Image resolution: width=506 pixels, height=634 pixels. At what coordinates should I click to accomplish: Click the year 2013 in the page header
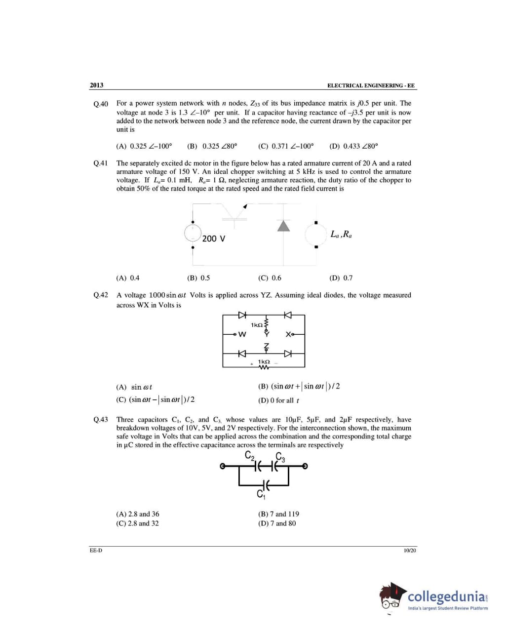[x=96, y=85]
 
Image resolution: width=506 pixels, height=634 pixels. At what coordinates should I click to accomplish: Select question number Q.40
[x=101, y=104]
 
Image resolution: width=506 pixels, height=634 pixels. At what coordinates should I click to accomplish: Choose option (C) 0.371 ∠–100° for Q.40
[x=285, y=146]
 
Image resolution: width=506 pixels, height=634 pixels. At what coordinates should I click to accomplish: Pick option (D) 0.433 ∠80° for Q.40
[x=353, y=146]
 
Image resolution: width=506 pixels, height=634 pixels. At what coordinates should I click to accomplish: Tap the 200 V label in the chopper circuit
[x=214, y=238]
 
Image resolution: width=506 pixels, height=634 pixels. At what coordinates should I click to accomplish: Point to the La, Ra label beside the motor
[x=341, y=234]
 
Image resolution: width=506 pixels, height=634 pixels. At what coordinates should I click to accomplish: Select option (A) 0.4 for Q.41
[x=128, y=278]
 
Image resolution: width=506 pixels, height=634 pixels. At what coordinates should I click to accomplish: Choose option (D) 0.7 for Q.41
[x=341, y=278]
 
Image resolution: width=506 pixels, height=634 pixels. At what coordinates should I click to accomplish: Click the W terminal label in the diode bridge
[x=242, y=334]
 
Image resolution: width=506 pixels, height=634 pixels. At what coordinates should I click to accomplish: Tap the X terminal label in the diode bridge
[x=288, y=334]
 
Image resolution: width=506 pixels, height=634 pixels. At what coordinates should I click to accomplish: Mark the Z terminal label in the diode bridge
[x=267, y=345]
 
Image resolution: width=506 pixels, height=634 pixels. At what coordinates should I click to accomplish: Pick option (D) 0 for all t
[x=278, y=400]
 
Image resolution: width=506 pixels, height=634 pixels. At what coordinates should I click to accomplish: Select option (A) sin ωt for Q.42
[x=134, y=387]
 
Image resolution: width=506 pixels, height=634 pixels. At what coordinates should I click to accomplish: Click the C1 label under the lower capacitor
[x=261, y=494]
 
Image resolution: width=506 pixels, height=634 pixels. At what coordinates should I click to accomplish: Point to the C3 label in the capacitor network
[x=280, y=457]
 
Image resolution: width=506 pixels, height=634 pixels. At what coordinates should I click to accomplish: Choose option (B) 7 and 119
[x=278, y=514]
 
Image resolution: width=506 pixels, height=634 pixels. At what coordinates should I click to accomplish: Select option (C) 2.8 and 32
[x=137, y=523]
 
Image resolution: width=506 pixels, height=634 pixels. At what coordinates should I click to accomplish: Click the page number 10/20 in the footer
[x=410, y=550]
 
